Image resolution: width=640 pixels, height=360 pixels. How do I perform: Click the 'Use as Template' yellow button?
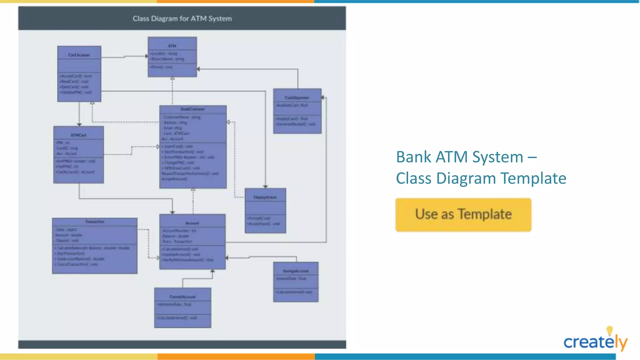463,215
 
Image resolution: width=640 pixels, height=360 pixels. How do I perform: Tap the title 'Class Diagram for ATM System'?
182,19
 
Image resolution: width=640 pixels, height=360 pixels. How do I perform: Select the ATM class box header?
172,46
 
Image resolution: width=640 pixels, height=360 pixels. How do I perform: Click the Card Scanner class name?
79,55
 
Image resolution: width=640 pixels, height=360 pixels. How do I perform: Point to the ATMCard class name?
78,135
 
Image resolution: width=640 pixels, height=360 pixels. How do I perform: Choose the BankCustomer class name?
193,109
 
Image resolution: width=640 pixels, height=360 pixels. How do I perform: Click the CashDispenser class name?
297,97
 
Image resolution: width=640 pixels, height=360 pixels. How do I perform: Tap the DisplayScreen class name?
265,197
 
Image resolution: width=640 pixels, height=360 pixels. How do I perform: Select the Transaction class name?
95,222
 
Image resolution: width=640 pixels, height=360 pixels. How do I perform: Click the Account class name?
192,223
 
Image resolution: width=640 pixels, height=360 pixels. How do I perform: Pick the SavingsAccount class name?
296,271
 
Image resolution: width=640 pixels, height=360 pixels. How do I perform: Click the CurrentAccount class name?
182,297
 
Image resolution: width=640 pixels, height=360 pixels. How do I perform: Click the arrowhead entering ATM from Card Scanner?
146,56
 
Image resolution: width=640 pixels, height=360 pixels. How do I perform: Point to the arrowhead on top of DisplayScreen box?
265,186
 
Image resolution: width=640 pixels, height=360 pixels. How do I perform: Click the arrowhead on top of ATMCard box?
79,124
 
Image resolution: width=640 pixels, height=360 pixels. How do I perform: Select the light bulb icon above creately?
609,330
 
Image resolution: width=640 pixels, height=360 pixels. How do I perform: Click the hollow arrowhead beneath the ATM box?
172,79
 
